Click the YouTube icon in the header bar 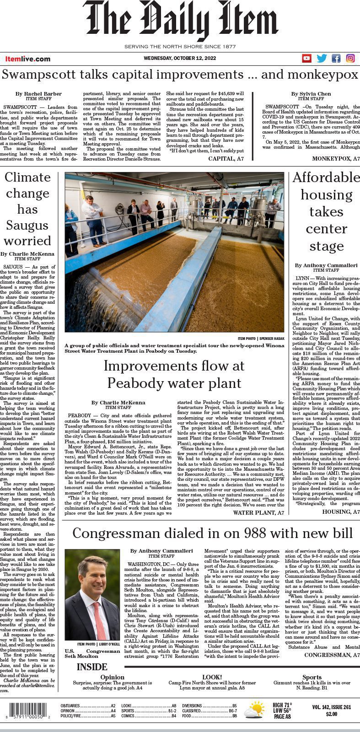[x=306, y=58]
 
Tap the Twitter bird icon [x=322, y=58]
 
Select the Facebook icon [x=336, y=58]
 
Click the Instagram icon [x=350, y=58]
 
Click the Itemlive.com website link [x=28, y=59]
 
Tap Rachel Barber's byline [x=38, y=94]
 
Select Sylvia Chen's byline [x=311, y=94]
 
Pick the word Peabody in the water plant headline [x=140, y=382]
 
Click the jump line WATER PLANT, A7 [x=258, y=513]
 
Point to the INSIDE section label [x=92, y=667]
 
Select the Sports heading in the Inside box [x=312, y=677]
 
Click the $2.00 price [x=332, y=714]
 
